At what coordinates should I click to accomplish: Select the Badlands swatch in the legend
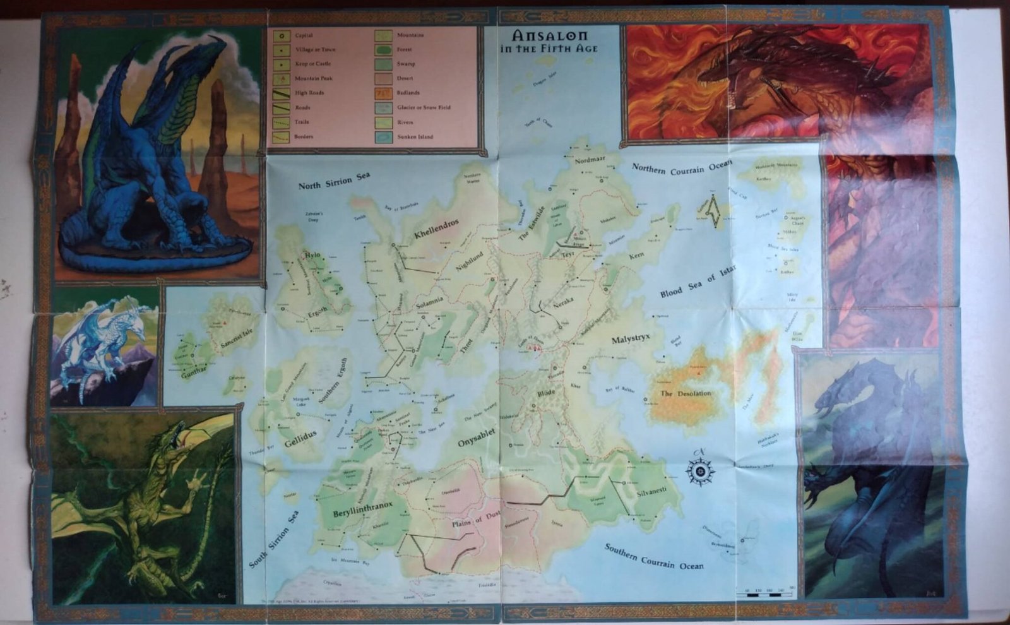383,93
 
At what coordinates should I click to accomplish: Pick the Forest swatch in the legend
383,49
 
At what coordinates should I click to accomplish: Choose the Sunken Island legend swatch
383,136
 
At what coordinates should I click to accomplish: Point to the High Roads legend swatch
281,93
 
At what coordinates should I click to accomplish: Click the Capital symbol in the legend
281,35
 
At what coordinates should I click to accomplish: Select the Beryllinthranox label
363,509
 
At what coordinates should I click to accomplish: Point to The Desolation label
686,393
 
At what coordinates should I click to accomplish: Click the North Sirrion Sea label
334,181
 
